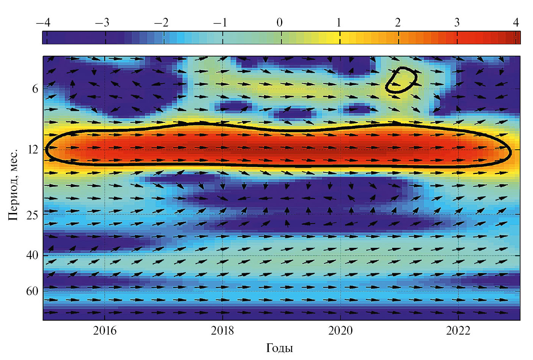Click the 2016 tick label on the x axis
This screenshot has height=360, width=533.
[105, 331]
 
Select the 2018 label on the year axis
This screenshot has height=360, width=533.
[222, 331]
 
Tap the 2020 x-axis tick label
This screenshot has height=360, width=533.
[340, 331]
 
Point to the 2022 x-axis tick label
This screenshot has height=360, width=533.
[458, 331]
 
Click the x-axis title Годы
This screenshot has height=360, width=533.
[280, 348]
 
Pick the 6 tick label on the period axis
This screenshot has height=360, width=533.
[35, 89]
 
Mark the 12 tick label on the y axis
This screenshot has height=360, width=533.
[33, 150]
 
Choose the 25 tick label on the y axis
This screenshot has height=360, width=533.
[33, 215]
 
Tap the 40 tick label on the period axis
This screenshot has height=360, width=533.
[33, 255]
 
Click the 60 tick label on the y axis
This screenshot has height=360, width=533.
[33, 291]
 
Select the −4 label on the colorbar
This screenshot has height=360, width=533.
[43, 23]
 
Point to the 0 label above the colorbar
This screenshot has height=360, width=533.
[280, 23]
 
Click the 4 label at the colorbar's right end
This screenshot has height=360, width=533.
[516, 23]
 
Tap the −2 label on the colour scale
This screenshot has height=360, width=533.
[161, 23]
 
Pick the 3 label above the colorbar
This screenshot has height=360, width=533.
[457, 23]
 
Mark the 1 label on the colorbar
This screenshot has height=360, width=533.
[339, 23]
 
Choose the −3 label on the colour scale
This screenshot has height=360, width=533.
[102, 23]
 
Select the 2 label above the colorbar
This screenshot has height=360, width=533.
[398, 23]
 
